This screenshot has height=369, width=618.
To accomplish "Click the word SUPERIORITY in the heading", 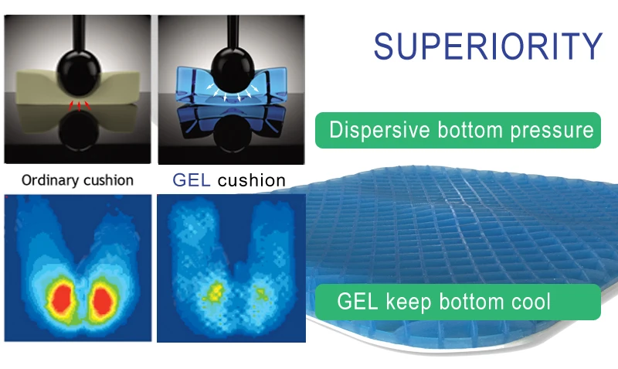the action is click(488, 46).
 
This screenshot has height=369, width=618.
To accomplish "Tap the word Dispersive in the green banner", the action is click(379, 129).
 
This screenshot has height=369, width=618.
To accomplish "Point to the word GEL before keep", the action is click(358, 302).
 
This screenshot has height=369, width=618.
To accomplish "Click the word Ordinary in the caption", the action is click(50, 180).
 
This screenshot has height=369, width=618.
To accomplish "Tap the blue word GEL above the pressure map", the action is click(191, 180).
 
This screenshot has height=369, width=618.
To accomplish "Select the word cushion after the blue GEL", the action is click(252, 180).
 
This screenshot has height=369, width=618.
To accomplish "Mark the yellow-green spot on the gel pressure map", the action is click(215, 292).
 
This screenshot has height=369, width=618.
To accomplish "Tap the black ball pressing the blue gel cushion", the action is click(233, 70).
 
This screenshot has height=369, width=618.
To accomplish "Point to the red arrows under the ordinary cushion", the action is click(80, 105).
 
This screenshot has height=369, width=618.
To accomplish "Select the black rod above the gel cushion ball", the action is click(233, 32).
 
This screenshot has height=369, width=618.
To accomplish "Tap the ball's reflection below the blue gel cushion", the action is click(233, 132).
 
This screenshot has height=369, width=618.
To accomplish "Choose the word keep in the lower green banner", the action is click(409, 302).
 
